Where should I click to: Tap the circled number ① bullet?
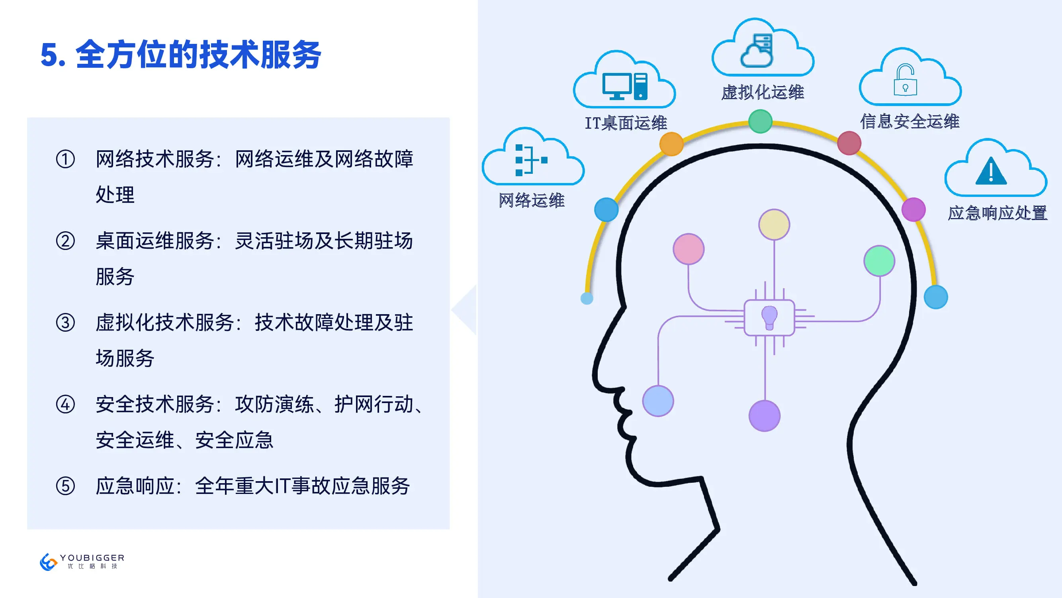coord(65,159)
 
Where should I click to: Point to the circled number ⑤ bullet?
coord(65,486)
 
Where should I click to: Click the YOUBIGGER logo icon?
coord(48,562)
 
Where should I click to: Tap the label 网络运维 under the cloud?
coord(532,201)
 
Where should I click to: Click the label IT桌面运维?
coord(626,123)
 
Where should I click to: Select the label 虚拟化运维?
coord(762,92)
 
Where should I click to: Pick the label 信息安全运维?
coord(909,121)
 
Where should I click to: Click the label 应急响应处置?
coord(997,213)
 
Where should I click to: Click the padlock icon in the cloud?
coord(905,80)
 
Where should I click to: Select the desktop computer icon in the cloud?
coord(625,86)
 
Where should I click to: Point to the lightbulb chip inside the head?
coord(769,318)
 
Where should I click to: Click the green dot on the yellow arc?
coord(760,121)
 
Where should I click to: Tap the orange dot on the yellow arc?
coord(672,144)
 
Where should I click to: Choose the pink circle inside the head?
coord(688,249)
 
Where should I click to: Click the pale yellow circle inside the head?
coord(774,224)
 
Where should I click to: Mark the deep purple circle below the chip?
coord(764,415)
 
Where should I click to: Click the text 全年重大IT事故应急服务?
coord(303,486)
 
